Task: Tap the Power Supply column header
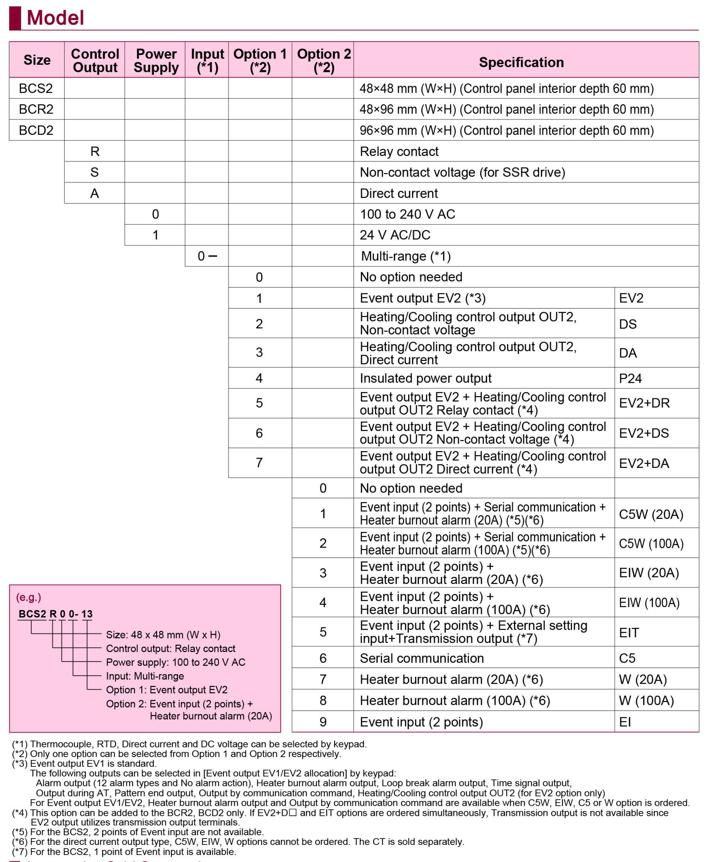(156, 60)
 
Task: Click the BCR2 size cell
(36, 109)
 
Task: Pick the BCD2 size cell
(36, 130)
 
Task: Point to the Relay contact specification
(399, 151)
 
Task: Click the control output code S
(95, 172)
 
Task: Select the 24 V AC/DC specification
(395, 235)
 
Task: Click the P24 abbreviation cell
(630, 378)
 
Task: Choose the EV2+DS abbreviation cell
(643, 433)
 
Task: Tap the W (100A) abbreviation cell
(646, 700)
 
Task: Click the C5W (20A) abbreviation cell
(651, 514)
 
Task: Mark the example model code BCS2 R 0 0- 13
(55, 614)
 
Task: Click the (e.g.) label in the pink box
(28, 597)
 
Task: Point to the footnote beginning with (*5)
(137, 831)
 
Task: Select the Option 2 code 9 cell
(323, 722)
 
